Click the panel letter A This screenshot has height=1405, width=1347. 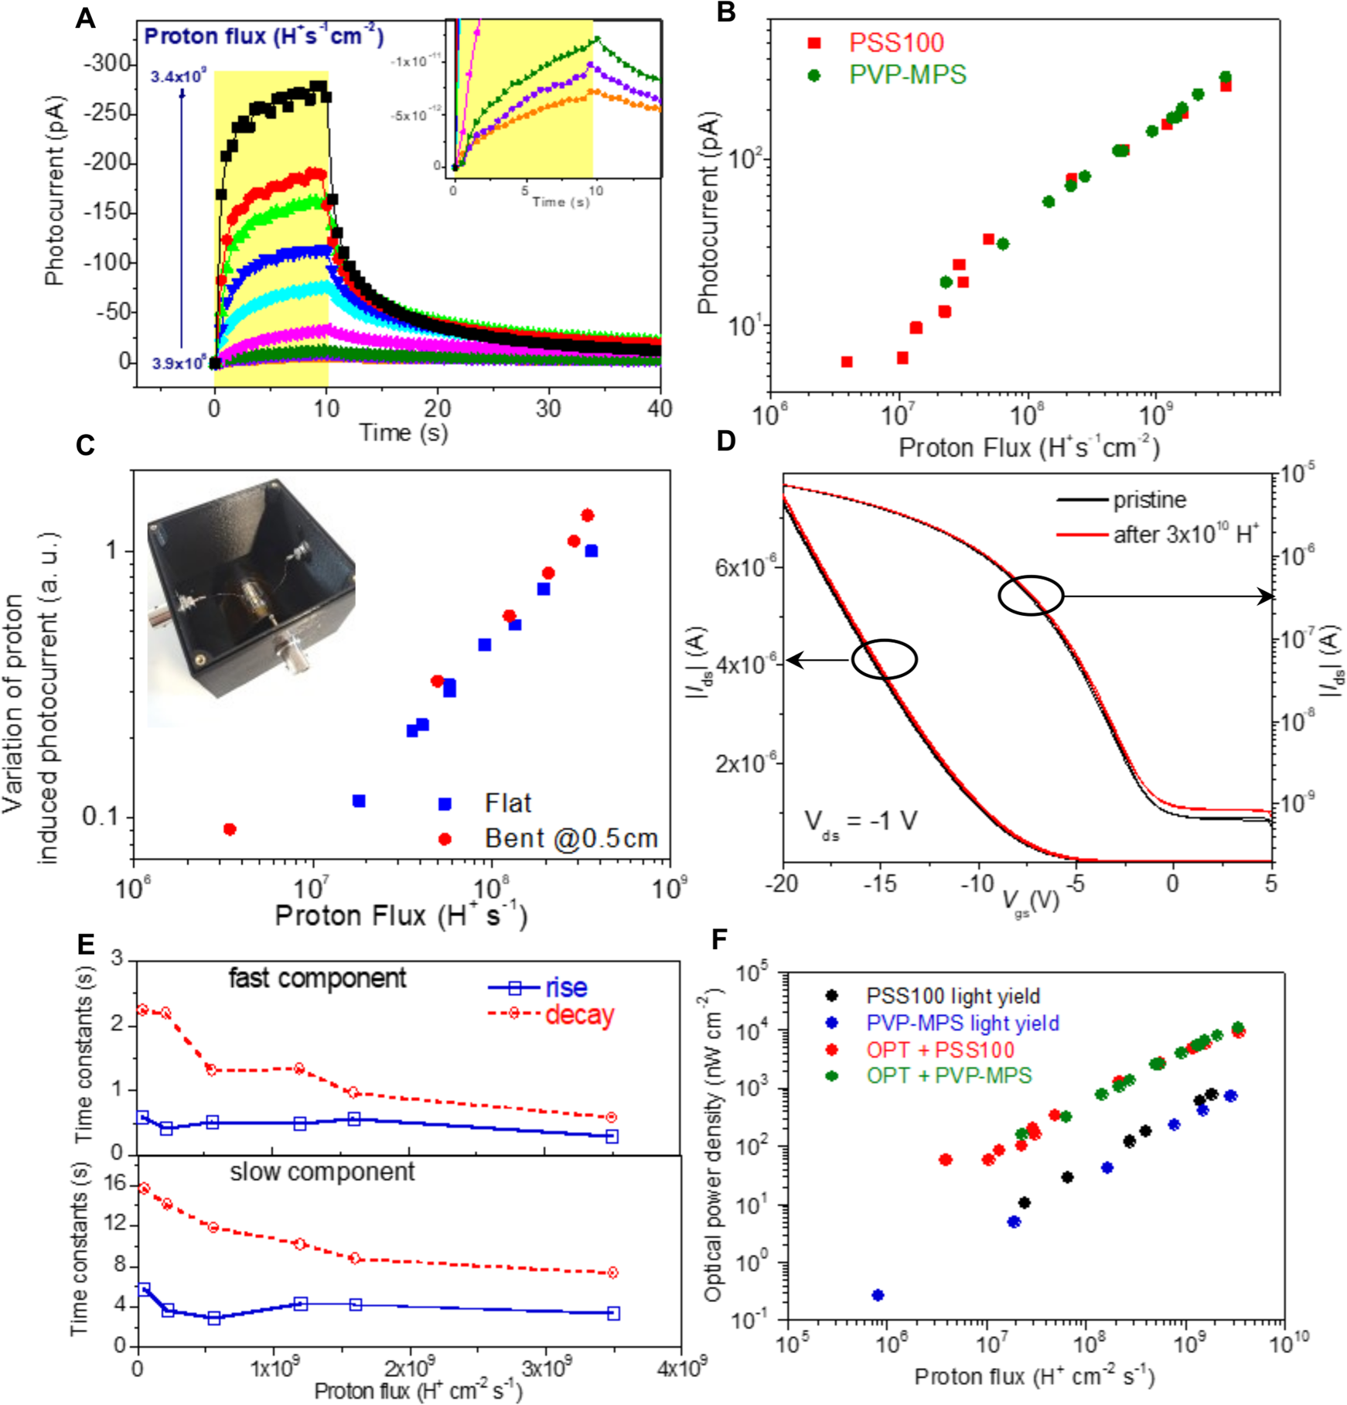pyautogui.click(x=85, y=18)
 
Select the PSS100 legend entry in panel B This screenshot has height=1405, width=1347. pyautogui.click(x=895, y=43)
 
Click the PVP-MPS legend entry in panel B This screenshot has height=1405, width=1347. pyautogui.click(x=907, y=75)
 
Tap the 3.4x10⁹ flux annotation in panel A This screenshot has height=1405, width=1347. pyautogui.click(x=178, y=77)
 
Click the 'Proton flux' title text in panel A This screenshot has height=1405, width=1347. pyautogui.click(x=264, y=36)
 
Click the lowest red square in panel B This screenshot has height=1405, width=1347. pyautogui.click(x=847, y=362)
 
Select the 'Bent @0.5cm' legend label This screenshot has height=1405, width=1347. pyautogui.click(x=571, y=839)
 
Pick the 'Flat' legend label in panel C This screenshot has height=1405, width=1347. pyautogui.click(x=508, y=804)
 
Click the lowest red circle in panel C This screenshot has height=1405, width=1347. pyautogui.click(x=230, y=829)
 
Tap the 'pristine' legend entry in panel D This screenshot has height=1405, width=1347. pyautogui.click(x=1149, y=501)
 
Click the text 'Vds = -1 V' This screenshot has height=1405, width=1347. pyautogui.click(x=861, y=822)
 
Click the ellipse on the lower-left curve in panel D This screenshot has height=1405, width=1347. pyautogui.click(x=885, y=659)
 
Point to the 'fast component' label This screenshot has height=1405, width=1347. pyautogui.click(x=317, y=979)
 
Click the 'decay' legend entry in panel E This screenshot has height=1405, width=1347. pyautogui.click(x=578, y=1015)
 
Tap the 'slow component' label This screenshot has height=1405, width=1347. pyautogui.click(x=322, y=1172)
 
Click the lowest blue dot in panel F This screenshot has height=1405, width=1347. pyautogui.click(x=878, y=1295)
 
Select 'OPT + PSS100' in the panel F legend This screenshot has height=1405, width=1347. pyautogui.click(x=939, y=1050)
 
